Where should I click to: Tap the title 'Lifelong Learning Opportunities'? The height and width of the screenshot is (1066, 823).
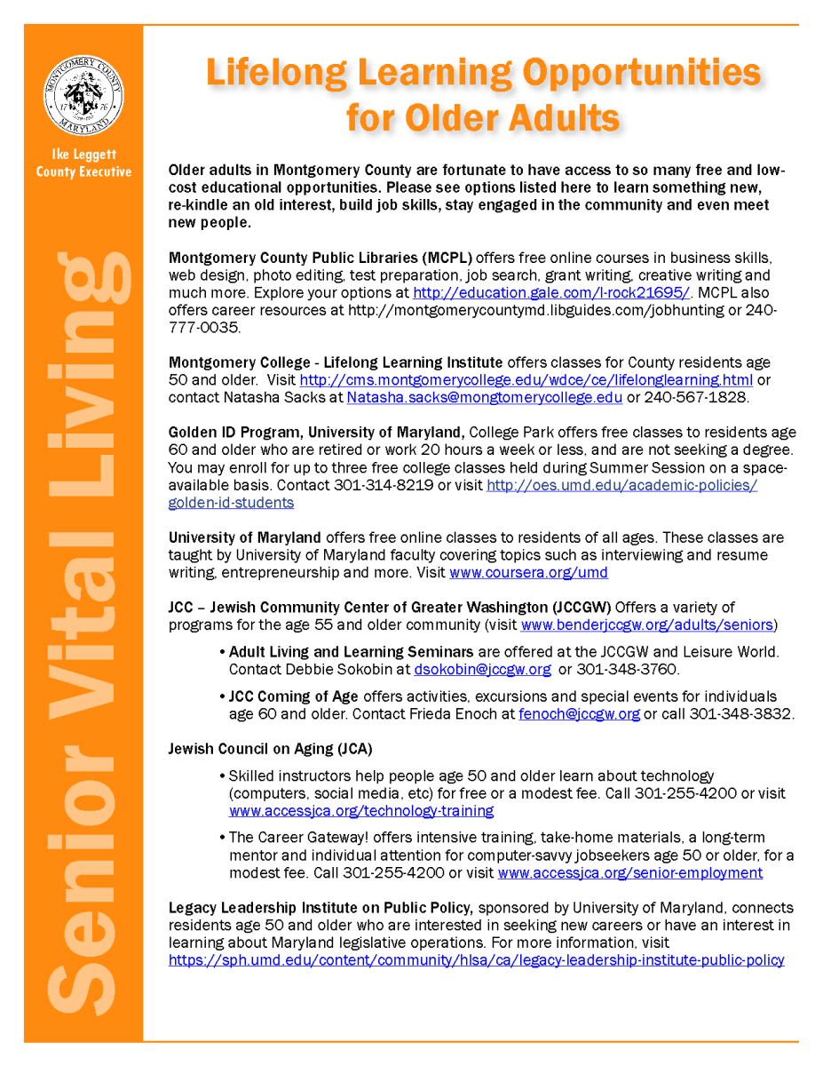(483, 73)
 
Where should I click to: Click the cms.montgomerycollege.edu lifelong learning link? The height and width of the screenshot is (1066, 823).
(526, 380)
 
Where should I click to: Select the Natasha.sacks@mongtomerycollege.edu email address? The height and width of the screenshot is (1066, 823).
(484, 397)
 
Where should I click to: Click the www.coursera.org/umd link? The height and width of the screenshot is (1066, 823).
(528, 573)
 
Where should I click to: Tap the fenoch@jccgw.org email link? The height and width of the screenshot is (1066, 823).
(579, 713)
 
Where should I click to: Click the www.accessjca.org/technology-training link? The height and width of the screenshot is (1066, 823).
(361, 811)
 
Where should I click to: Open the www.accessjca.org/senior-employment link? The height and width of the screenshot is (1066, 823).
(629, 872)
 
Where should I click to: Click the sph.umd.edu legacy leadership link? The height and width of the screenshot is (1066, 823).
(476, 959)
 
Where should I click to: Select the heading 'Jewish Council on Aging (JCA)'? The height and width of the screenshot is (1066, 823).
(270, 749)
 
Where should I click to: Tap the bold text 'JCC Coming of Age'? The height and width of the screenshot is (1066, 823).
(294, 696)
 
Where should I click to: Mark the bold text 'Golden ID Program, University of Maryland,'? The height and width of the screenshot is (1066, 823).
(317, 433)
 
